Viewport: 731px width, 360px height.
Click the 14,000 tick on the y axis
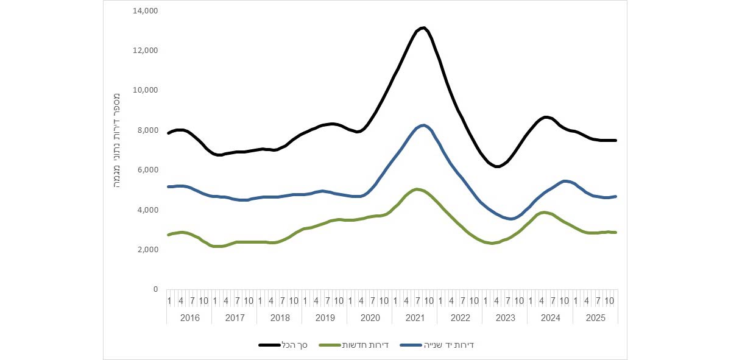pyautogui.click(x=146, y=10)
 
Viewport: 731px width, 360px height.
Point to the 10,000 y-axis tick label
pyautogui.click(x=146, y=90)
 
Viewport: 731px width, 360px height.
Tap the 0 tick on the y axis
pyautogui.click(x=155, y=289)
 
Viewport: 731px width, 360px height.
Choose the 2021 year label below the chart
pyautogui.click(x=415, y=317)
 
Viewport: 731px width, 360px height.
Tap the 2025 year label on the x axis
pyautogui.click(x=595, y=317)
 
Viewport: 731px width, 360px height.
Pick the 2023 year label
pyautogui.click(x=505, y=317)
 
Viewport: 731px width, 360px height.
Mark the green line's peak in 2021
pyautogui.click(x=417, y=189)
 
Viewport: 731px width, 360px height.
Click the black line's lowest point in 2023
pyautogui.click(x=498, y=166)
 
